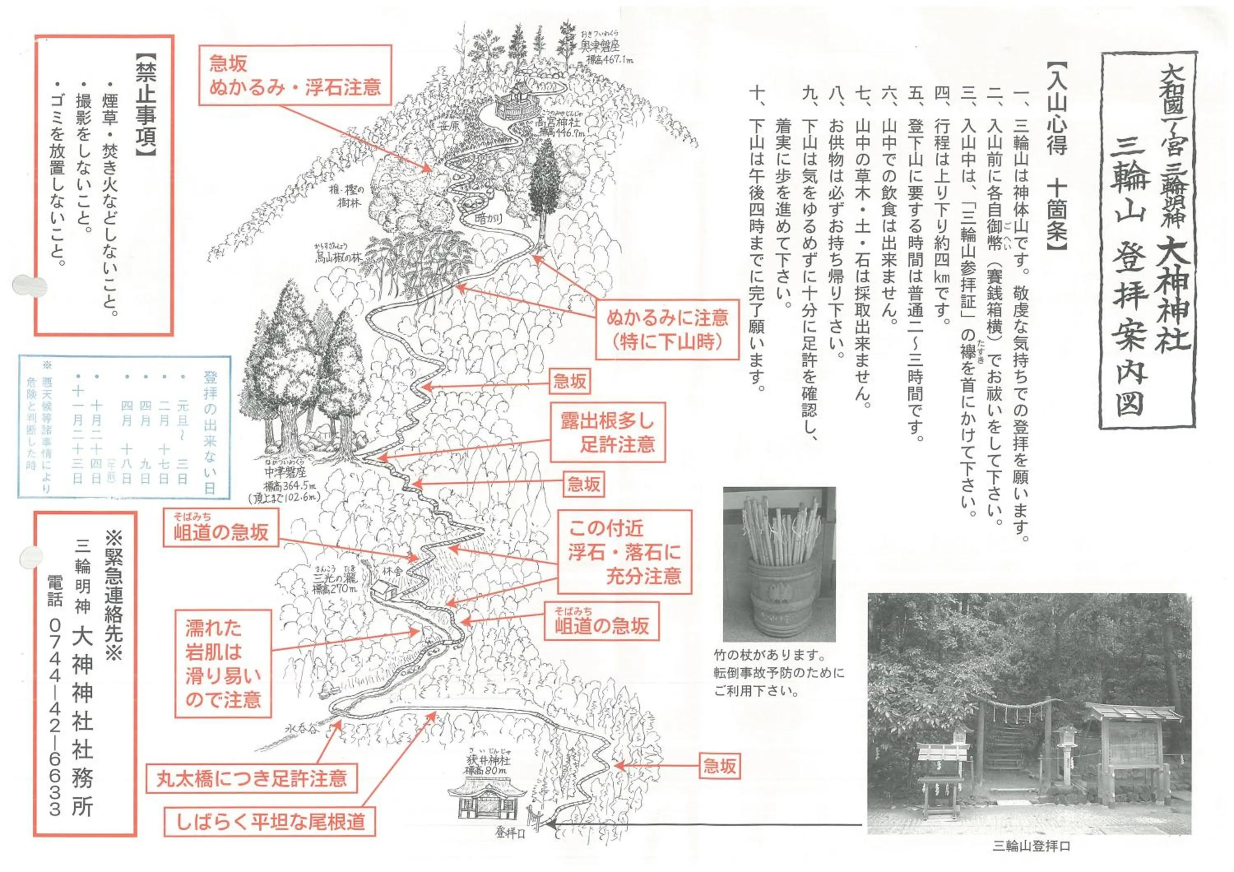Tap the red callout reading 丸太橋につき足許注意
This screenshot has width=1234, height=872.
[x=251, y=779]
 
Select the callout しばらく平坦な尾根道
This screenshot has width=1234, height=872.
[x=270, y=821]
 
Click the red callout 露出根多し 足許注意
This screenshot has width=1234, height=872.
[x=607, y=433]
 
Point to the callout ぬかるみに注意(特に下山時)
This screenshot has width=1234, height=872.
[x=667, y=329]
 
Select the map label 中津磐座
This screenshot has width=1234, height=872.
[x=285, y=473]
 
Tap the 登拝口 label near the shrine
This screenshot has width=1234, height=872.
[x=510, y=833]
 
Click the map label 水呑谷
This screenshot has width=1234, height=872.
[x=302, y=730]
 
